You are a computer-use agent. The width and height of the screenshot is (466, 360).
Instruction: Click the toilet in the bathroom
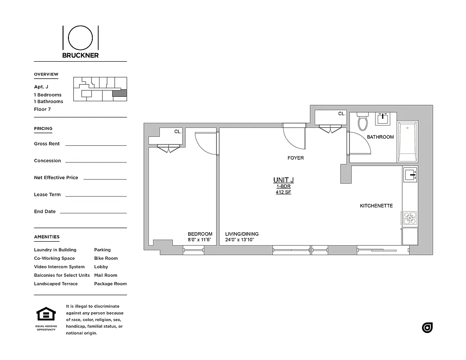point(362,122)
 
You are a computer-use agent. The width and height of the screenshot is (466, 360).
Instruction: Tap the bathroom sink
point(383,119)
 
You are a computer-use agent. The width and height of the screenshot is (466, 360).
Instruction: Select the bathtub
point(407,141)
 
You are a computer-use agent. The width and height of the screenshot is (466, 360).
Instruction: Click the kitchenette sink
point(410,174)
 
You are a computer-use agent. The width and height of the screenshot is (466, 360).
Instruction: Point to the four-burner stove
point(410,217)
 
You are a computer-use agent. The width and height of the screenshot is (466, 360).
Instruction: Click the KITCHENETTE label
point(376,206)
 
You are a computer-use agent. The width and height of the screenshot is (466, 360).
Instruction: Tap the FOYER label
point(296,158)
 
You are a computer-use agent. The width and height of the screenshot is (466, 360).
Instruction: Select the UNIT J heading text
point(283,180)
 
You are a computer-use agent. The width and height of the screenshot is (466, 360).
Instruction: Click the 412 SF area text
point(283,193)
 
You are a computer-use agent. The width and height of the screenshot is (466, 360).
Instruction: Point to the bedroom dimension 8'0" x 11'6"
point(200,240)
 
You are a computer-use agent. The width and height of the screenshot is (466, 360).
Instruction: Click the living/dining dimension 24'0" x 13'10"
point(241,240)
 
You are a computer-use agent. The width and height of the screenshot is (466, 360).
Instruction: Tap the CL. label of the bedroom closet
point(178,131)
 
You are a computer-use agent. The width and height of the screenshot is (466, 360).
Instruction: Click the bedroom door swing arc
point(205,144)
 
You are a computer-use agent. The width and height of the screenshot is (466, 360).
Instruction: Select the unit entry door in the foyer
point(294,137)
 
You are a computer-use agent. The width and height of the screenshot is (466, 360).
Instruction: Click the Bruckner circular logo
point(81,37)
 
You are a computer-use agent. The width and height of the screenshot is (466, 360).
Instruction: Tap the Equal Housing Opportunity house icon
point(46,314)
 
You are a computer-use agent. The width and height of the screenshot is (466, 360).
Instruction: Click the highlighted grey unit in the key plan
point(119,94)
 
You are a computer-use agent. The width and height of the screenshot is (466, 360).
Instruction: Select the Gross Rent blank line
point(96,145)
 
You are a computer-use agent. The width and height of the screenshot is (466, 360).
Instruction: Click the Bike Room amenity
point(106,258)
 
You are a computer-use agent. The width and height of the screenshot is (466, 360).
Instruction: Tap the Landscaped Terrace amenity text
point(56,284)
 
